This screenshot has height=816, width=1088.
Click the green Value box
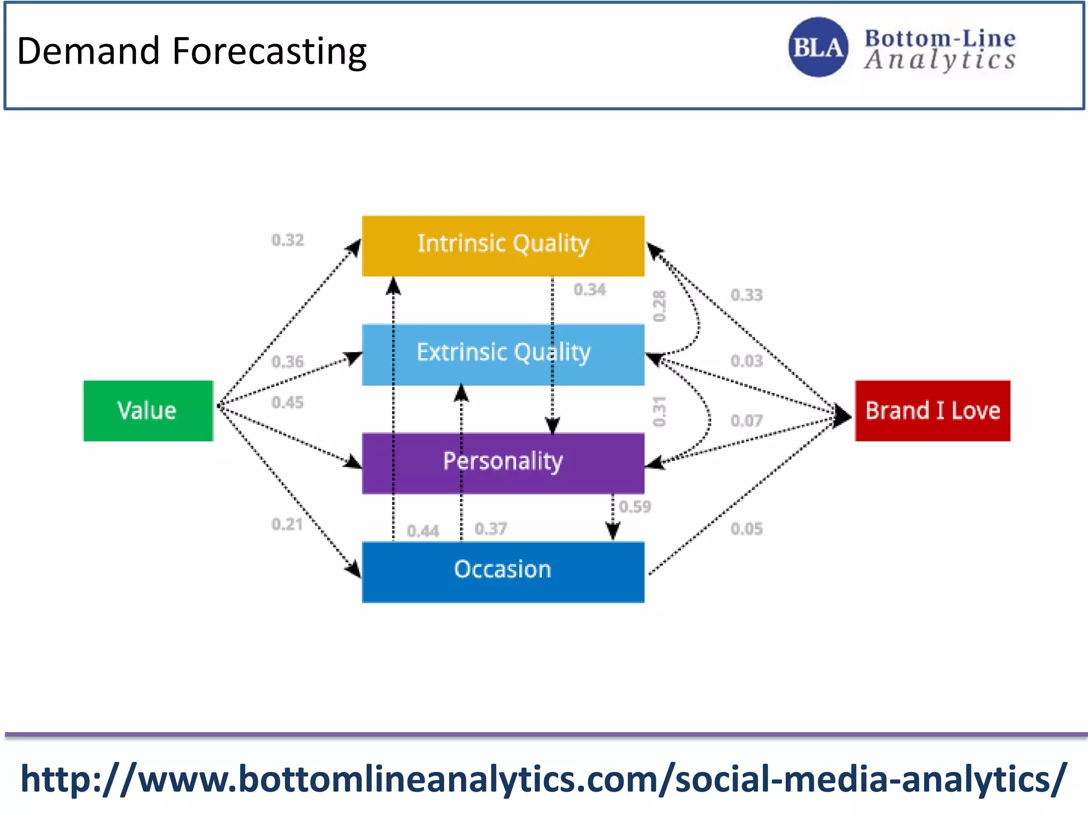click(x=148, y=411)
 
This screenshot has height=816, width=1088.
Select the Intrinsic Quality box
click(x=503, y=245)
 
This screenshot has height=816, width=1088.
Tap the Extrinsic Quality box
click(x=503, y=354)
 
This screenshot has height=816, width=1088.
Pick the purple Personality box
click(x=503, y=463)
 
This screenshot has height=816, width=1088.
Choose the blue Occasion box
click(x=503, y=572)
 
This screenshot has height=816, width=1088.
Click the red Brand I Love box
click(x=932, y=411)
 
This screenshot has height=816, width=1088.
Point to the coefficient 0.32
click(x=287, y=240)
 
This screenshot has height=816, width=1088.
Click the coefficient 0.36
click(x=287, y=362)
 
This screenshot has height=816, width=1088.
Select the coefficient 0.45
click(x=287, y=402)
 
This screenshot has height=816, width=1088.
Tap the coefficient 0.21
click(x=287, y=524)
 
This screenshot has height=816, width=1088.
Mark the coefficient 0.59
click(x=635, y=506)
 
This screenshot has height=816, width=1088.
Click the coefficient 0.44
click(x=423, y=531)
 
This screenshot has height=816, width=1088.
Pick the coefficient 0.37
click(x=491, y=529)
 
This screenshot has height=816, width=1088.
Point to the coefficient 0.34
click(x=590, y=290)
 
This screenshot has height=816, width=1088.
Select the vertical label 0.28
click(x=659, y=306)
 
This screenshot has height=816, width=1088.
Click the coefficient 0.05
click(x=746, y=529)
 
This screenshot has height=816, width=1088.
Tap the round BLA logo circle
click(x=818, y=47)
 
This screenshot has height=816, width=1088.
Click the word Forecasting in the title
click(x=269, y=52)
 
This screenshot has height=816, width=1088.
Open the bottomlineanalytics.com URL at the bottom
click(x=543, y=779)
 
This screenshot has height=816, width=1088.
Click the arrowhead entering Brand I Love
click(x=844, y=415)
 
